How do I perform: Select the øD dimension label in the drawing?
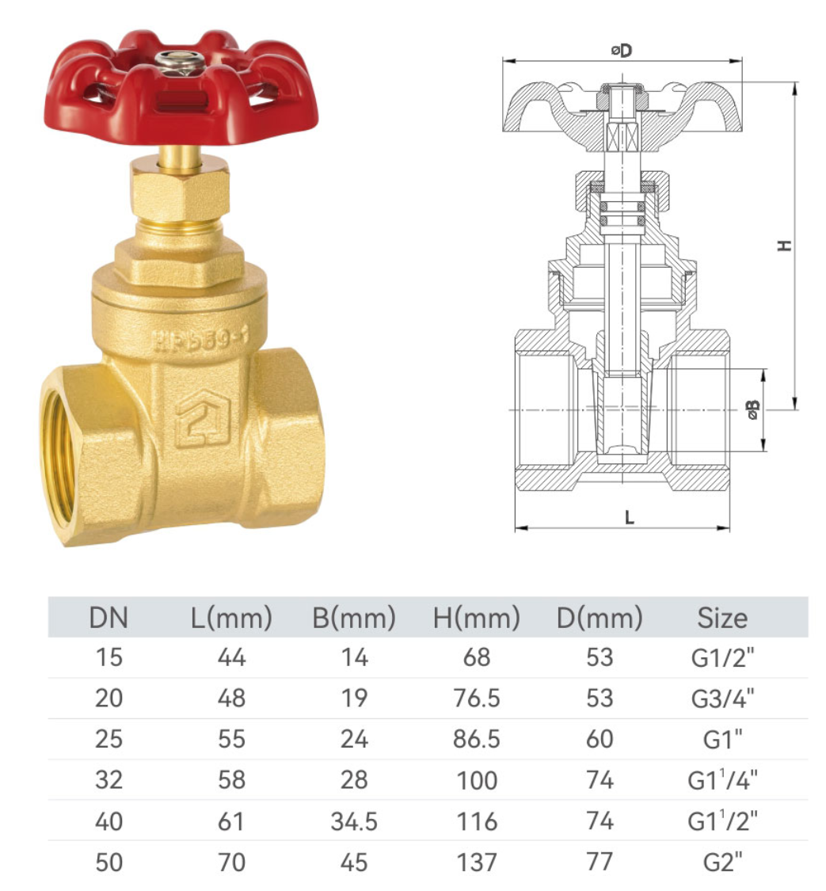point(622,50)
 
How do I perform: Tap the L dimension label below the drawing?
point(629,517)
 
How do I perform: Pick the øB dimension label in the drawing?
point(752,409)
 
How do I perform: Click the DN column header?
point(108,618)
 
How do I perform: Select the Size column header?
point(721,618)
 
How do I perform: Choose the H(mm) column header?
point(477,618)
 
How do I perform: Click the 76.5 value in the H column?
point(477,698)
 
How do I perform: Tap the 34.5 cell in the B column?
point(353,821)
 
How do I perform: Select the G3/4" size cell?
point(721,698)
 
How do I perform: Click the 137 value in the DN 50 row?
point(477,862)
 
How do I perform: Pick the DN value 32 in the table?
point(108,780)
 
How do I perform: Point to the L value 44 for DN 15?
point(231,657)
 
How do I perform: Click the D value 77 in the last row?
point(600,862)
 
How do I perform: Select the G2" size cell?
point(721,862)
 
